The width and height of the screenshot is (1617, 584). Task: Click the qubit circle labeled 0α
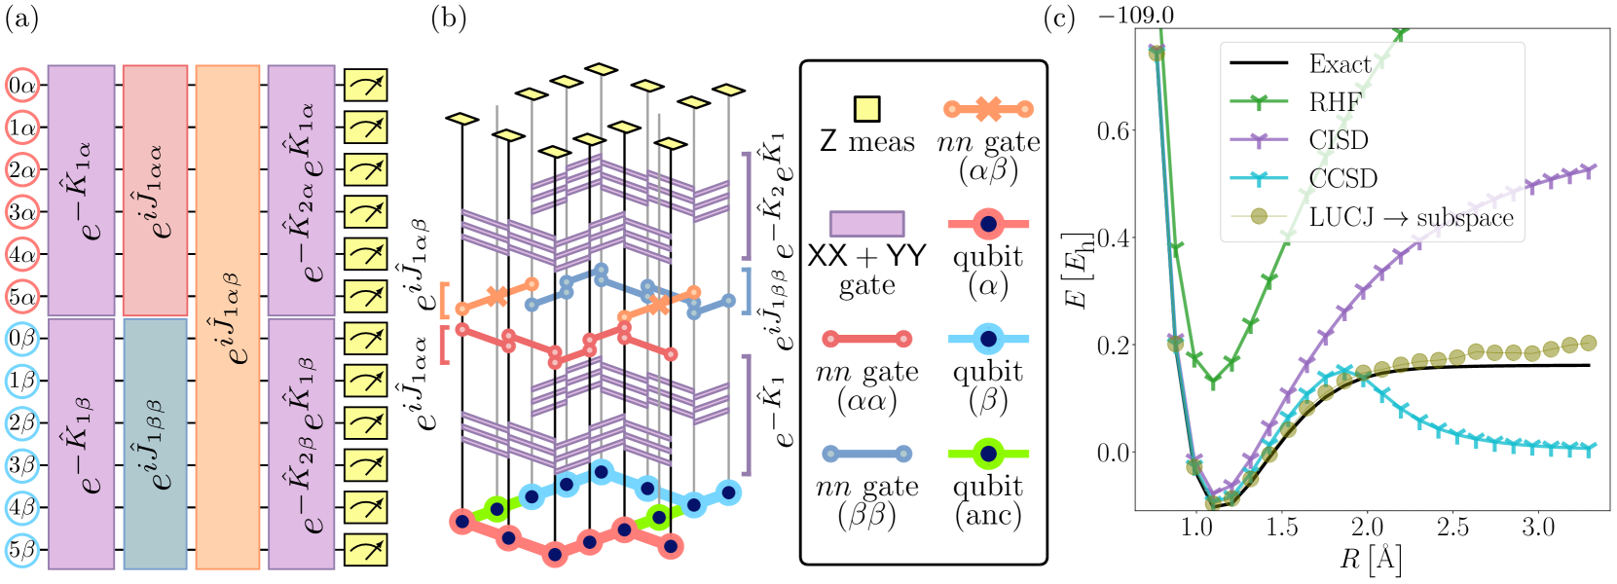pyautogui.click(x=21, y=85)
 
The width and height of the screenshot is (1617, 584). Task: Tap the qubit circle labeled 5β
pyautogui.click(x=21, y=551)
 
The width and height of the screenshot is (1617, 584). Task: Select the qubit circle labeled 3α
pyautogui.click(x=21, y=212)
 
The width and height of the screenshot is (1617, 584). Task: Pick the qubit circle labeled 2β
pyautogui.click(x=21, y=423)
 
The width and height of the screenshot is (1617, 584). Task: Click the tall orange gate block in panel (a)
pyautogui.click(x=228, y=317)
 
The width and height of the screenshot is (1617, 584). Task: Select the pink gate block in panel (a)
pyautogui.click(x=156, y=191)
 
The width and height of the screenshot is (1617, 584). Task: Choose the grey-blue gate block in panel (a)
pyautogui.click(x=156, y=444)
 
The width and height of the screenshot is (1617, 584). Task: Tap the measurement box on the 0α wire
pyautogui.click(x=366, y=85)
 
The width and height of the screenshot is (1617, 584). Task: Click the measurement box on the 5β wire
pyautogui.click(x=366, y=551)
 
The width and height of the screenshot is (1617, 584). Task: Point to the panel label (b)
pyautogui.click(x=449, y=18)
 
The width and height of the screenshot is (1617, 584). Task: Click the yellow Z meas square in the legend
pyautogui.click(x=866, y=108)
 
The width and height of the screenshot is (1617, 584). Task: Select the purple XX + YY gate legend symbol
pyautogui.click(x=866, y=224)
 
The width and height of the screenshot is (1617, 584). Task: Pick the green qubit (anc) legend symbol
pyautogui.click(x=988, y=454)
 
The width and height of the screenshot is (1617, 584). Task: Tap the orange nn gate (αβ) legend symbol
pyautogui.click(x=988, y=109)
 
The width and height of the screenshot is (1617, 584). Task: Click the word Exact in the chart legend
pyautogui.click(x=1340, y=64)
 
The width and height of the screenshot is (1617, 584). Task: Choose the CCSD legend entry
pyautogui.click(x=1342, y=178)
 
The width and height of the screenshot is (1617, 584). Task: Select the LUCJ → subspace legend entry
pyautogui.click(x=1411, y=216)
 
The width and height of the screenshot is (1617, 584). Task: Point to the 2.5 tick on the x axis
pyautogui.click(x=1452, y=528)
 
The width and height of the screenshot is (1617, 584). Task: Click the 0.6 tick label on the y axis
pyautogui.click(x=1114, y=130)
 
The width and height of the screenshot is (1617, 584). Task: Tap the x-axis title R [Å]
pyautogui.click(x=1370, y=560)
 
